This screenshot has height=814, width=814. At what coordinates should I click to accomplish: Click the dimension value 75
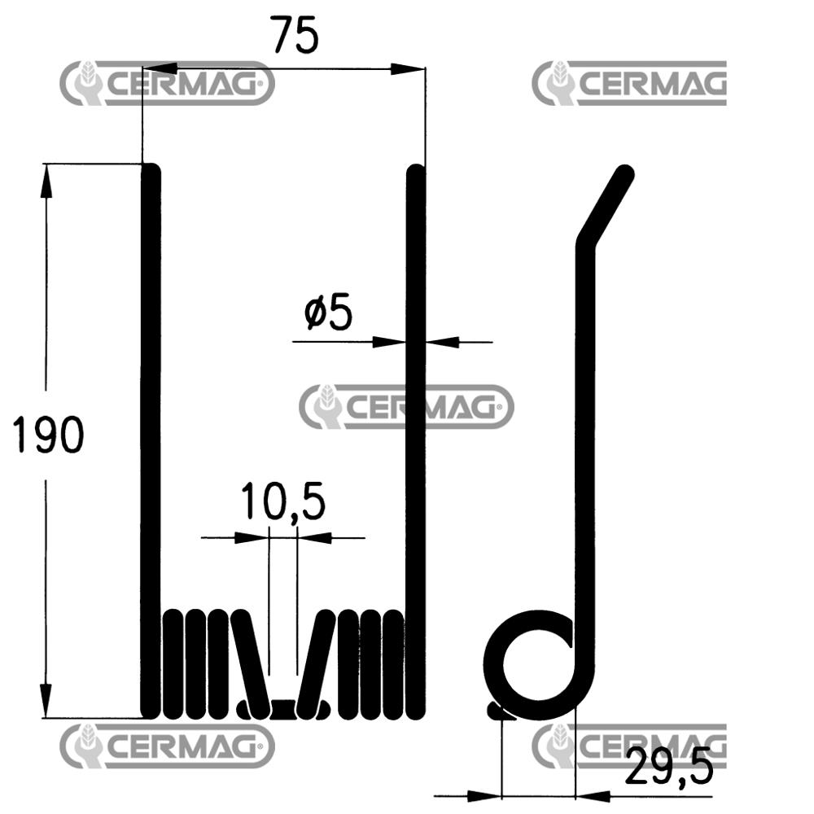pos(295,35)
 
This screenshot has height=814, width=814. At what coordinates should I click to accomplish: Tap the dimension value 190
pos(48,435)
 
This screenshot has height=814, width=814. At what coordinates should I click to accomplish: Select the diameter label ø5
pos(328,313)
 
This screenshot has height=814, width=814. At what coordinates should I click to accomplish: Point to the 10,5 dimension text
pos(283,501)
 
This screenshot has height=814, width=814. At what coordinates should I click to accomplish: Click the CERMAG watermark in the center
pos(406,406)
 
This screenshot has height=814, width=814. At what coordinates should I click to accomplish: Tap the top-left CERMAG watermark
pos(167,83)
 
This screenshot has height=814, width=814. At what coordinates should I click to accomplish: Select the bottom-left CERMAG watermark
pos(167,746)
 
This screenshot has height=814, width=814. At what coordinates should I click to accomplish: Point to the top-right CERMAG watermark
pos(629,83)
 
